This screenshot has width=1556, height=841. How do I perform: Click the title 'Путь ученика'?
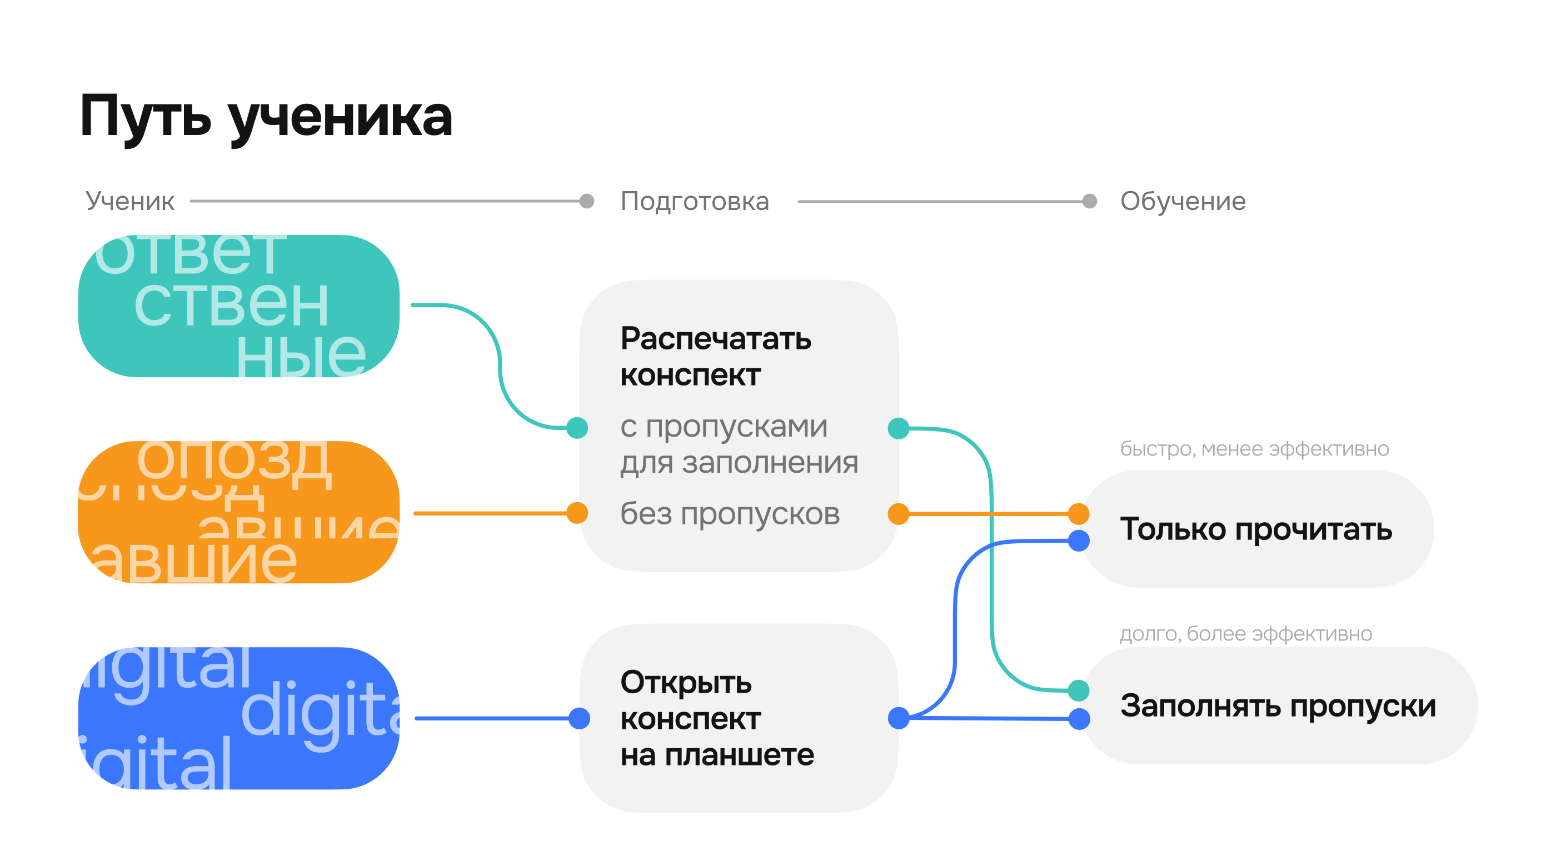point(266,117)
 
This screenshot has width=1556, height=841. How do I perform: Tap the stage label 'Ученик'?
point(130,201)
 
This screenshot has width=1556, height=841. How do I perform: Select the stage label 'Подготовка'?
point(695,201)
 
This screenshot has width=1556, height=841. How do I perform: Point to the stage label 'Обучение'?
point(1183,201)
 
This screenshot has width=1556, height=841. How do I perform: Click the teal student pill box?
point(238,306)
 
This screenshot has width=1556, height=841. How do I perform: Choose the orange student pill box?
point(238,512)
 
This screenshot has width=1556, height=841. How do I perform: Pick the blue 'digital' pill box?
point(238,718)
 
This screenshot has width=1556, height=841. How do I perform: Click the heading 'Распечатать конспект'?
point(715,356)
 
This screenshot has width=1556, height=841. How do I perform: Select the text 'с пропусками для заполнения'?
point(739,444)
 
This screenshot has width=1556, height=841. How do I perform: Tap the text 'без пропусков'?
point(730,514)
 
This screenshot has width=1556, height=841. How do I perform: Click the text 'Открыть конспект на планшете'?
point(717,718)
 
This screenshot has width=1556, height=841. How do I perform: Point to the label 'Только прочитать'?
point(1256,529)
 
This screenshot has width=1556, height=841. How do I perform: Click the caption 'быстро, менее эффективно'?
point(1254,449)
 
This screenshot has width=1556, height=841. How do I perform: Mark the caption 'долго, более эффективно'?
point(1245,633)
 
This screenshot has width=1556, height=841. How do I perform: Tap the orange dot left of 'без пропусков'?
point(577,513)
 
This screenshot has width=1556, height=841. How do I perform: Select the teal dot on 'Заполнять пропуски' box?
point(1079,690)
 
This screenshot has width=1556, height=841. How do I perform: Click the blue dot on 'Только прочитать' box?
point(1079,540)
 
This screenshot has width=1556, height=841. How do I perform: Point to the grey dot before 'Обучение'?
point(1090,201)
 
